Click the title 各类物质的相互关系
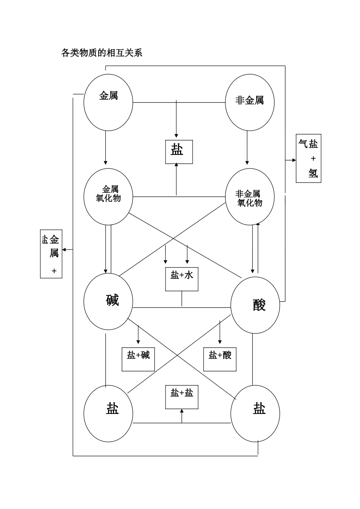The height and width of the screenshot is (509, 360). click(x=102, y=53)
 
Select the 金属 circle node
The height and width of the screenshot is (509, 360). click(x=108, y=102)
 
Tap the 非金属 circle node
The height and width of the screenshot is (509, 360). click(x=250, y=102)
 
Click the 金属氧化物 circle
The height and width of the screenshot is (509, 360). click(x=108, y=197)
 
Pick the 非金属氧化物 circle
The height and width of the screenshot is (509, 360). click(x=250, y=197)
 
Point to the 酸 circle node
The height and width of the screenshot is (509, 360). click(x=255, y=305)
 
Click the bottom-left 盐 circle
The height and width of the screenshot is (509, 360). click(x=108, y=414)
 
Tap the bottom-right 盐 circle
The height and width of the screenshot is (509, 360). click(x=255, y=414)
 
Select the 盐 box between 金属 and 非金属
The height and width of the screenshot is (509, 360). click(x=179, y=152)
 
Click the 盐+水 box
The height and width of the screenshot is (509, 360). click(x=182, y=279)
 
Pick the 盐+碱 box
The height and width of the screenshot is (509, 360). click(x=138, y=359)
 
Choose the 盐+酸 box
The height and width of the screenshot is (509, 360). click(x=220, y=359)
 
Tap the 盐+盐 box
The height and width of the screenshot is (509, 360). click(x=182, y=397)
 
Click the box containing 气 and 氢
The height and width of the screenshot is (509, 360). click(x=308, y=158)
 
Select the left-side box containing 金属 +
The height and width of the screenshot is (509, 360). click(x=51, y=254)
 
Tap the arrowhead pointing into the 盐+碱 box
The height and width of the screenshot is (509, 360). click(x=138, y=342)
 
